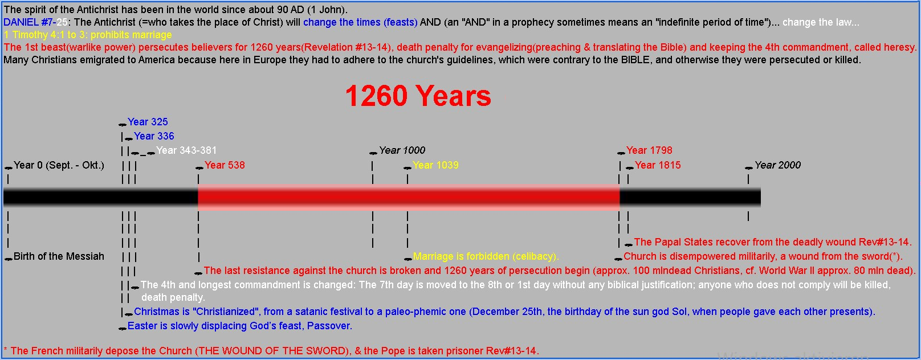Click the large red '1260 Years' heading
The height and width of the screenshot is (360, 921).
418,96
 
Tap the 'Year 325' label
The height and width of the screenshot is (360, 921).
148,122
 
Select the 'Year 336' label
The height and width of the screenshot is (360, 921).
154,136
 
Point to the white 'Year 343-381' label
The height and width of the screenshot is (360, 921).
186,150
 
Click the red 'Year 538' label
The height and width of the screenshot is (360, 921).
225,165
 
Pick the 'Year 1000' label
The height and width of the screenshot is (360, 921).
402,150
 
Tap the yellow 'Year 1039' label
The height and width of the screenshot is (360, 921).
435,165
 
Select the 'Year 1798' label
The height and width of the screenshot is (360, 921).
649,150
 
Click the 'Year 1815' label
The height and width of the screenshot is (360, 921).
658,165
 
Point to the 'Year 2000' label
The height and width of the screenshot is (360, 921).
777,165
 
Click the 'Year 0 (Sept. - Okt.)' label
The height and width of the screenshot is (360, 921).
59,165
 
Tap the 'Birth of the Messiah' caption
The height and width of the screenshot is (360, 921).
59,256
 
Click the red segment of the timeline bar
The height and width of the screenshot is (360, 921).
408,197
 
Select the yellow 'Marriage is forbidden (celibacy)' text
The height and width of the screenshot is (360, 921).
486,256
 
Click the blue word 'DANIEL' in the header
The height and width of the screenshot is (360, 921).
21,22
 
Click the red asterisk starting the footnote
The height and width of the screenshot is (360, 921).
5,350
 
